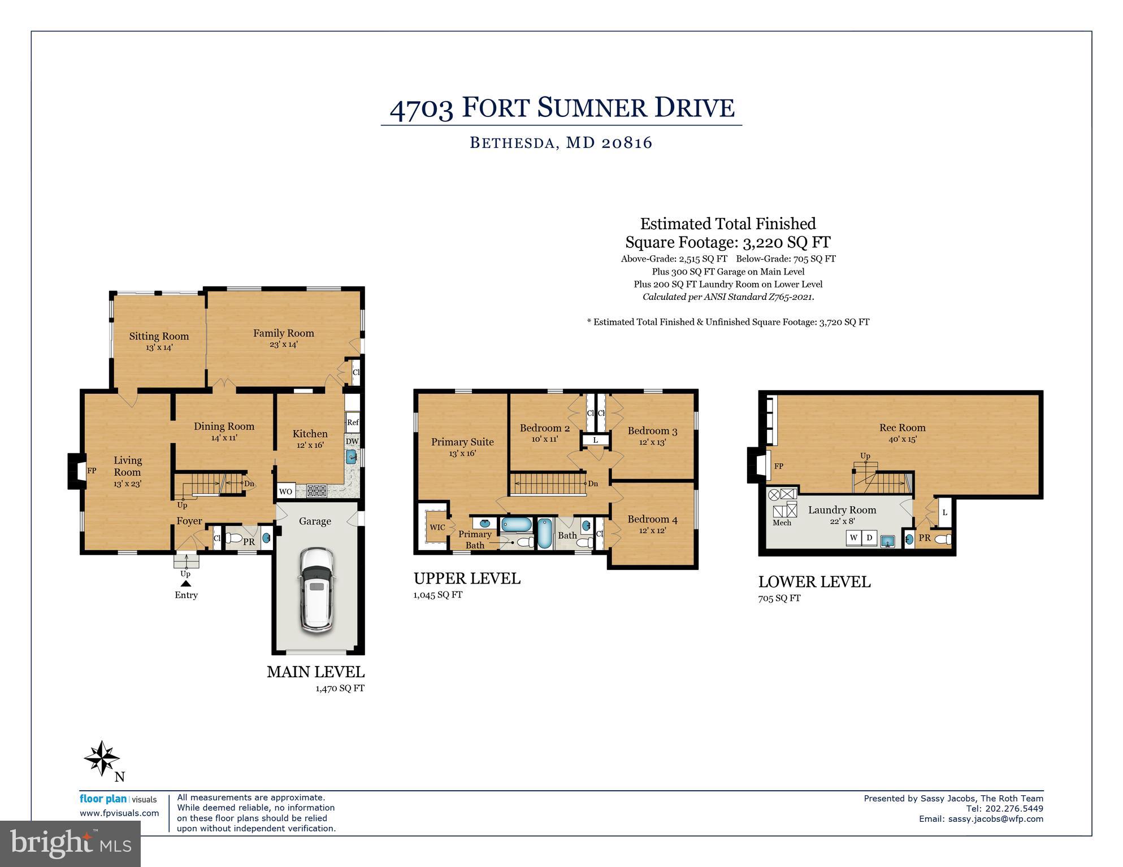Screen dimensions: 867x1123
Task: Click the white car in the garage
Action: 317,589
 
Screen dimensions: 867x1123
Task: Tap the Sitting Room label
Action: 159,336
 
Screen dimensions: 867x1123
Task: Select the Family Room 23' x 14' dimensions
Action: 283,344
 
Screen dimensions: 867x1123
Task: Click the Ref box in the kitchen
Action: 353,422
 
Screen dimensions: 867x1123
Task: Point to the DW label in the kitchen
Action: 352,441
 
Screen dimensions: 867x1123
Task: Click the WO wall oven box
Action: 286,491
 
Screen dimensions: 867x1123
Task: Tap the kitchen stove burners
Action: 316,491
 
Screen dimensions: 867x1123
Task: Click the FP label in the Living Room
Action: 92,470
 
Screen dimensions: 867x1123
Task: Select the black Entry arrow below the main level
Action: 186,583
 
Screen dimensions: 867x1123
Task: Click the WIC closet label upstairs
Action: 437,527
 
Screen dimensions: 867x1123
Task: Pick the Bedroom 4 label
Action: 652,519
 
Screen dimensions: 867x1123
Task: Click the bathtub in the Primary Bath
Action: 516,525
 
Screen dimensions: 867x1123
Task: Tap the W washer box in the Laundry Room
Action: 853,537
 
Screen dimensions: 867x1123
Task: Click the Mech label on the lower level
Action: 782,522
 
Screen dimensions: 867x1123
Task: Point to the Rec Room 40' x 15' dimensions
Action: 902,439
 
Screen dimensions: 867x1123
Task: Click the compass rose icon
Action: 102,759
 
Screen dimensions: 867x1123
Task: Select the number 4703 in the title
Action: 422,108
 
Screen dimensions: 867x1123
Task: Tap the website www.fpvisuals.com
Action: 119,813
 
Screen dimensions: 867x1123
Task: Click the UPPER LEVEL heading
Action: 467,578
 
